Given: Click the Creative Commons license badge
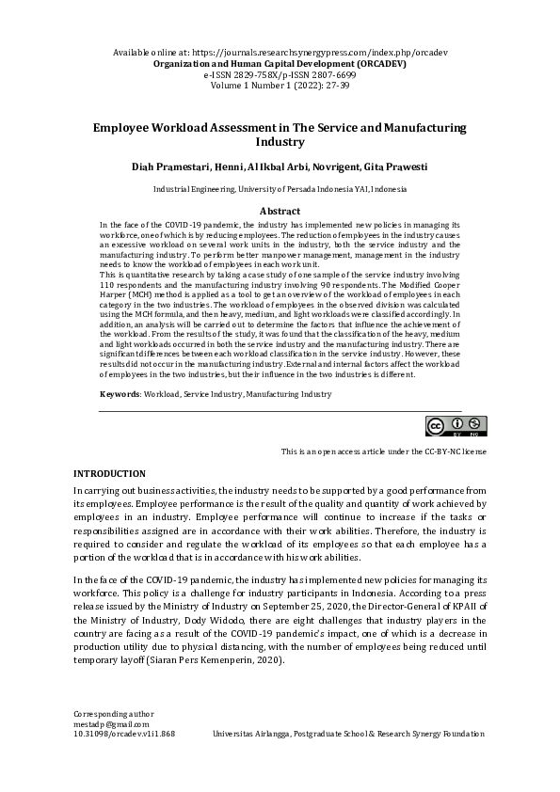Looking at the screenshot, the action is [x=456, y=425].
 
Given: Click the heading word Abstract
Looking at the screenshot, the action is [x=280, y=212].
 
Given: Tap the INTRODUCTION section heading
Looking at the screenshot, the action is [x=109, y=472].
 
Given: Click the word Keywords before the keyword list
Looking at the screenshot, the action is [x=119, y=395].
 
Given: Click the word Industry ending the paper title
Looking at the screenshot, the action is [x=280, y=143].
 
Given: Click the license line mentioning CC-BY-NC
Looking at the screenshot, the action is [x=384, y=452].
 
